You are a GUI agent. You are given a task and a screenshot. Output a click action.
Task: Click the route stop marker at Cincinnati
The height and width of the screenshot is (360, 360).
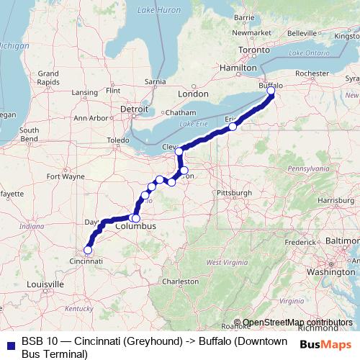(88, 251)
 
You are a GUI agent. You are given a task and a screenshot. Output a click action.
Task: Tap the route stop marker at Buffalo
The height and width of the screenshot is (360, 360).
(271, 91)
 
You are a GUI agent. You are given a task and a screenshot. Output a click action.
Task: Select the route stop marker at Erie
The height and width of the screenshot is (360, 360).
(233, 127)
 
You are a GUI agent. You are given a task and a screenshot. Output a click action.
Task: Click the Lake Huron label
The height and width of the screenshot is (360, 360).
(158, 11)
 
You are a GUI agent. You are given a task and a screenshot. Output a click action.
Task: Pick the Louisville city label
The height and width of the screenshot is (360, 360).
(41, 284)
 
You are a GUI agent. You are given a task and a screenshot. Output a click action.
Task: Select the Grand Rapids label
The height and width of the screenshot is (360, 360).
(48, 78)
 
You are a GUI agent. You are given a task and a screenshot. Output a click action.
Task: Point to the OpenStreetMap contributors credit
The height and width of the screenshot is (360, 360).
(298, 323)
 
